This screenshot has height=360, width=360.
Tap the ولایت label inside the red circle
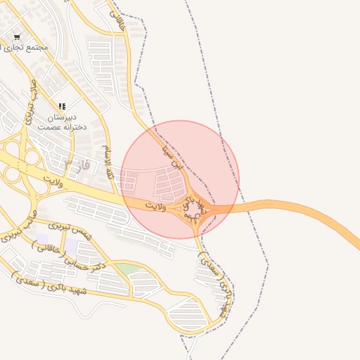click(x=155, y=206)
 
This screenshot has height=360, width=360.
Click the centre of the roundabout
click(x=193, y=208)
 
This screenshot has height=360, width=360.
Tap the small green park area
click(x=127, y=269)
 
